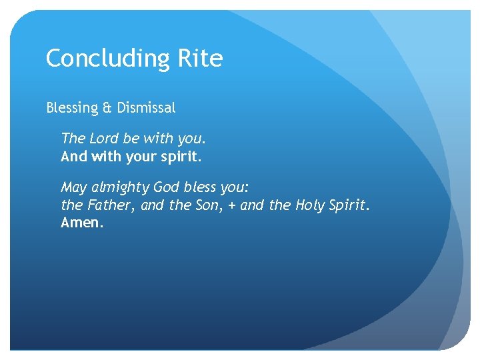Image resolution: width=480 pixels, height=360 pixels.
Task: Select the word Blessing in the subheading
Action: (x=70, y=107)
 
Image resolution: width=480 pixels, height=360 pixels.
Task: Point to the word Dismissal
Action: (x=146, y=107)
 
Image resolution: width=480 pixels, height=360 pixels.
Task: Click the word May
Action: (x=74, y=188)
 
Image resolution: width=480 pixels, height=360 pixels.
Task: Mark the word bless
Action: (x=204, y=187)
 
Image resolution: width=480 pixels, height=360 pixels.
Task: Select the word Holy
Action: (x=311, y=206)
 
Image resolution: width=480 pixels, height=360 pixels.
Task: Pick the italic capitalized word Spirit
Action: (x=350, y=206)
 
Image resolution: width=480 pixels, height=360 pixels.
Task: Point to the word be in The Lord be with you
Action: (x=132, y=139)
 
